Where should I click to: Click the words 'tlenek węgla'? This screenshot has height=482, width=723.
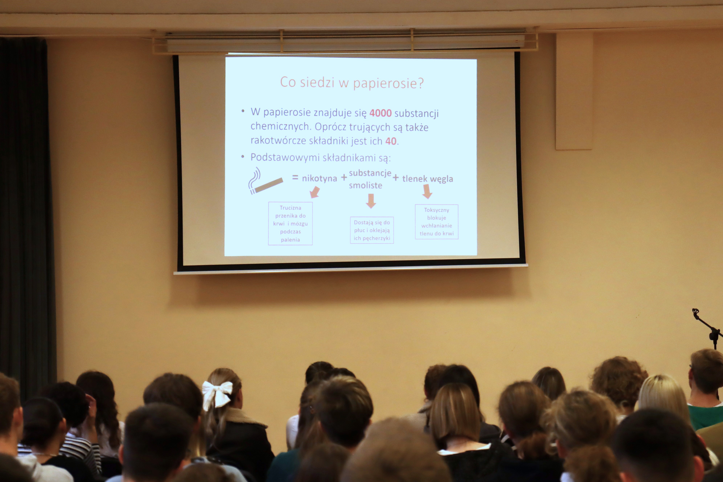point(428,179)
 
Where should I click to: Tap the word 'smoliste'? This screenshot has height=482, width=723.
point(365,185)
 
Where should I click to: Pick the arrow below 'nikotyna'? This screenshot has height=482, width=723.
point(315,192)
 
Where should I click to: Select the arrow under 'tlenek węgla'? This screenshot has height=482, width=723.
point(427,191)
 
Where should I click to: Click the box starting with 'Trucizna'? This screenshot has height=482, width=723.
point(290,223)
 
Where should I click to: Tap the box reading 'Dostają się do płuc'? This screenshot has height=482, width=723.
point(372,230)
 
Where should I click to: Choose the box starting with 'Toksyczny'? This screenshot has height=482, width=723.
point(436,222)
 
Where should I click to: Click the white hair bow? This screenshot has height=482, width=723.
point(218,394)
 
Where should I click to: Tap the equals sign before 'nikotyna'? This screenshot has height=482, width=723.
point(295,177)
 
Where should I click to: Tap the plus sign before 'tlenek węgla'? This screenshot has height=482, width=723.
point(396,178)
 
